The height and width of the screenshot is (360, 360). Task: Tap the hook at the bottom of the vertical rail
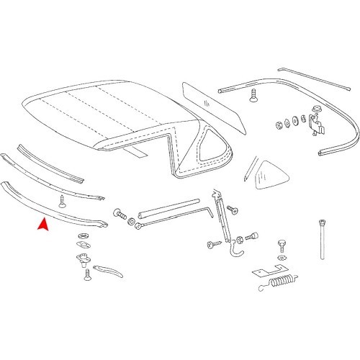pos(232,252)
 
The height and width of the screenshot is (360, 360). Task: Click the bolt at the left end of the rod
pos(120,215)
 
